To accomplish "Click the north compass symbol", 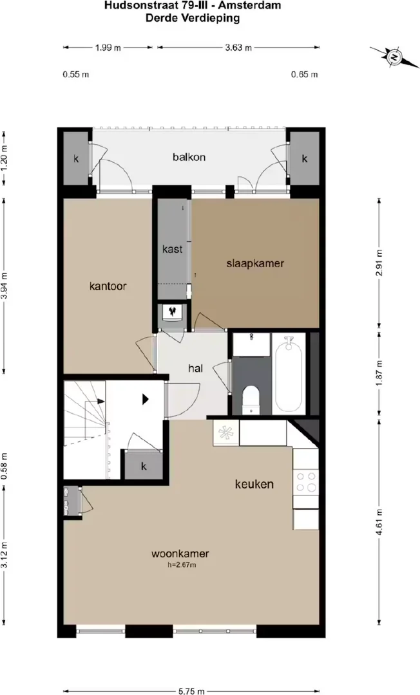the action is (x=394, y=57).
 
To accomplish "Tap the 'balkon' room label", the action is (x=189, y=157).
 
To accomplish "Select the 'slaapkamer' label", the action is (x=255, y=263).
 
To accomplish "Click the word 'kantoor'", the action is (x=108, y=286).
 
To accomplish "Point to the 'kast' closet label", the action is (x=172, y=249).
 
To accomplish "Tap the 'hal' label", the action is (x=196, y=368).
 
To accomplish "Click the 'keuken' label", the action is (x=254, y=484).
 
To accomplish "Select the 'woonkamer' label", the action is (x=180, y=553).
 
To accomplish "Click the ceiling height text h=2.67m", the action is (x=182, y=565).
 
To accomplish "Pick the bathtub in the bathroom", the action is (x=289, y=374).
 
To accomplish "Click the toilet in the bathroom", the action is (x=251, y=400).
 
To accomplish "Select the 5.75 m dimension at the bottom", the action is (x=191, y=691).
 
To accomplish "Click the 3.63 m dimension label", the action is (x=238, y=48).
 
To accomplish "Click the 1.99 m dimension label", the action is (x=108, y=48).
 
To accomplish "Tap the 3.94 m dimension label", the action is (x=5, y=286).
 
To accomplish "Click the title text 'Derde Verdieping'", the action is (x=193, y=18).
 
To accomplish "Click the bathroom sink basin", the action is (x=251, y=344).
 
